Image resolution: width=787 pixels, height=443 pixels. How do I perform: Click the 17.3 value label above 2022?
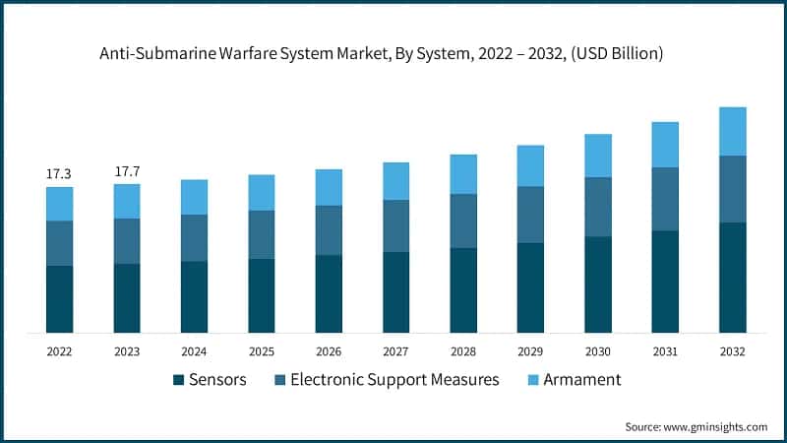[59, 173]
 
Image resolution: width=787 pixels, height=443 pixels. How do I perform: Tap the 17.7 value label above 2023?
[127, 171]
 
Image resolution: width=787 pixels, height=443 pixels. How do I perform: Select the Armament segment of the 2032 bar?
[732, 131]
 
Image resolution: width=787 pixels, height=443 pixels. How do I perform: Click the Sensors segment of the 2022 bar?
[59, 298]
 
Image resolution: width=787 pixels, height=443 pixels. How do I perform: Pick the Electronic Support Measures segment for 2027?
[395, 225]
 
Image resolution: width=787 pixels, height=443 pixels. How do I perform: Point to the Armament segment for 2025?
[261, 192]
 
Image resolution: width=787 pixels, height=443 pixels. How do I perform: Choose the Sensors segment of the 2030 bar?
[597, 284]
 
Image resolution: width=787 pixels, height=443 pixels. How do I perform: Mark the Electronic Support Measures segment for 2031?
[665, 199]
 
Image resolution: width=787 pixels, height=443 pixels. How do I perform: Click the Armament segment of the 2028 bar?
[462, 174]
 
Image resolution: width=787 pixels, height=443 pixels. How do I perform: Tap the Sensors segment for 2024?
[194, 296]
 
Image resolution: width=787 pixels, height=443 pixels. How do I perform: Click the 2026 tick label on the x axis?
[329, 351]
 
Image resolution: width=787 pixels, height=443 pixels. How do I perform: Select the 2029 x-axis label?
[530, 351]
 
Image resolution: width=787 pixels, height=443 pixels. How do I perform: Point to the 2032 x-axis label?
[732, 351]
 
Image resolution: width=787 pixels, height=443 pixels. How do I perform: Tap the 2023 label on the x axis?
[127, 351]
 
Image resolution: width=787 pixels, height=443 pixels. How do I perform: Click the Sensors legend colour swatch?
[179, 380]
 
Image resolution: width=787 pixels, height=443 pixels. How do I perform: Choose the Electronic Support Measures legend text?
[394, 380]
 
